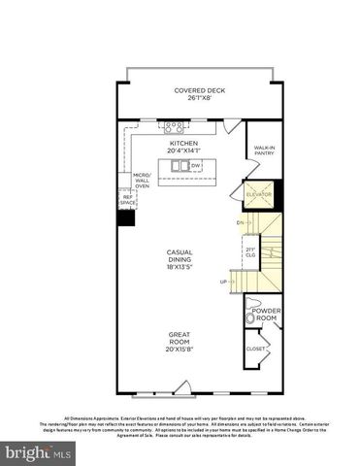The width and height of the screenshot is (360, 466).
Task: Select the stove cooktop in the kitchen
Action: pos(175,126)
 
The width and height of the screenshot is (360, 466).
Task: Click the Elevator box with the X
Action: pos(258,194)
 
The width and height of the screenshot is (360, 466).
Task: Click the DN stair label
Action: pos(239,223)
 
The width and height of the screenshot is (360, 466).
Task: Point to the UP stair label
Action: pos(223,282)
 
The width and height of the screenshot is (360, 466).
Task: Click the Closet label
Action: pos(255,348)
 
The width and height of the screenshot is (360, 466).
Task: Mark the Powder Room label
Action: pos(267,315)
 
